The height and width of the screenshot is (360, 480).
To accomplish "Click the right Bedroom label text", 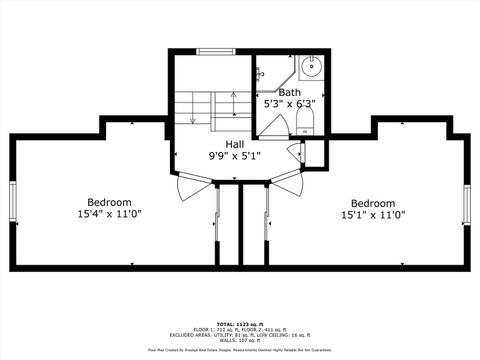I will [373, 202].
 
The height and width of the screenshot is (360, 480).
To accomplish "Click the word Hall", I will [234, 144].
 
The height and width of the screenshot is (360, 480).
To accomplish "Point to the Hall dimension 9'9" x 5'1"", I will [234, 156].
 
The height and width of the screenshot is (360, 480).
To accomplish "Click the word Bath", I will [289, 92].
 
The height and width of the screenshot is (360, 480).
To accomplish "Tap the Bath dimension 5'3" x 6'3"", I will [289, 104].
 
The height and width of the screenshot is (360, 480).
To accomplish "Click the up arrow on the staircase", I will [233, 103].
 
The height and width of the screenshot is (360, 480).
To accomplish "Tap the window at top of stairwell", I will [213, 51].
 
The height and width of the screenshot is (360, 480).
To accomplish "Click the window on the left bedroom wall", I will [12, 203].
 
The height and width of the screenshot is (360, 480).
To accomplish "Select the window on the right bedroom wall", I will [468, 203].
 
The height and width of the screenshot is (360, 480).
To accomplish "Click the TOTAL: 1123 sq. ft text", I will [239, 325].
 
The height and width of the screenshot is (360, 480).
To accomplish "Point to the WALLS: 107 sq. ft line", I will [239, 340].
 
